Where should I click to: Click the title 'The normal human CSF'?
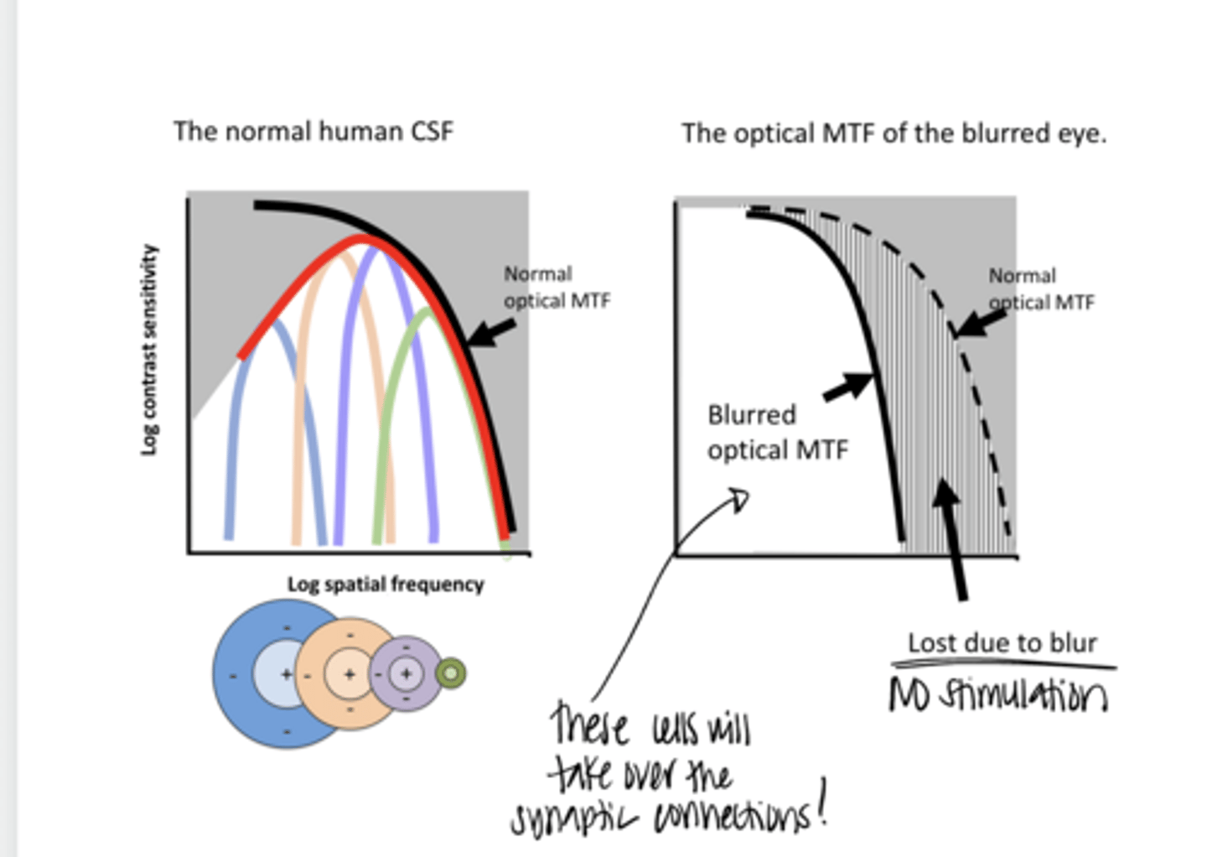pos(313,132)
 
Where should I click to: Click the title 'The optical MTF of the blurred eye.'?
pos(894,133)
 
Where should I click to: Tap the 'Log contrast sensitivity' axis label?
pos(149,350)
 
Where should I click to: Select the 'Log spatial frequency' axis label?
pos(386,584)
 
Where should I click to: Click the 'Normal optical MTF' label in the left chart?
pos(557,287)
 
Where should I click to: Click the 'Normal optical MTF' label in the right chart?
pos(1041,288)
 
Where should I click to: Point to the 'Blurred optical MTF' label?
pos(777,432)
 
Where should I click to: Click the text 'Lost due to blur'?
pos(1002,643)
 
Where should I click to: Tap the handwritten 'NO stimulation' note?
pos(997,694)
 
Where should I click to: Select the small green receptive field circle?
pos(451,673)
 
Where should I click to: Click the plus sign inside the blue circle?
pos(286,673)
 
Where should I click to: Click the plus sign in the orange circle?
pos(350,674)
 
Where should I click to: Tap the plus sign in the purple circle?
pos(407,673)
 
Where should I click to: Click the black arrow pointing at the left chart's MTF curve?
pos(492,333)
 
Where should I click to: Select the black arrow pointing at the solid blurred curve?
pos(848,387)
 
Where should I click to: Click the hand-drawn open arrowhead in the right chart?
pos(738,500)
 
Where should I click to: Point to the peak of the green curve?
pos(429,311)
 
